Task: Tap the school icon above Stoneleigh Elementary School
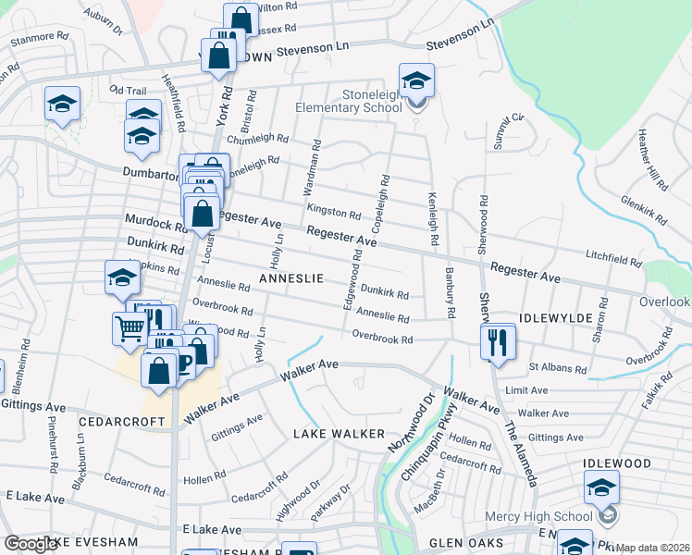point(416,80)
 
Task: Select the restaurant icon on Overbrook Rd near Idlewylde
point(498,341)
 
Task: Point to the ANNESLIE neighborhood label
point(290,277)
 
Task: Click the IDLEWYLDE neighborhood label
point(555,317)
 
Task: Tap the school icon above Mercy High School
point(601,487)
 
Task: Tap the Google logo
point(31,544)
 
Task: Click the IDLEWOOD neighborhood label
point(617,462)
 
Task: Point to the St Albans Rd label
point(557,368)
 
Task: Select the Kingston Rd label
point(340,212)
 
